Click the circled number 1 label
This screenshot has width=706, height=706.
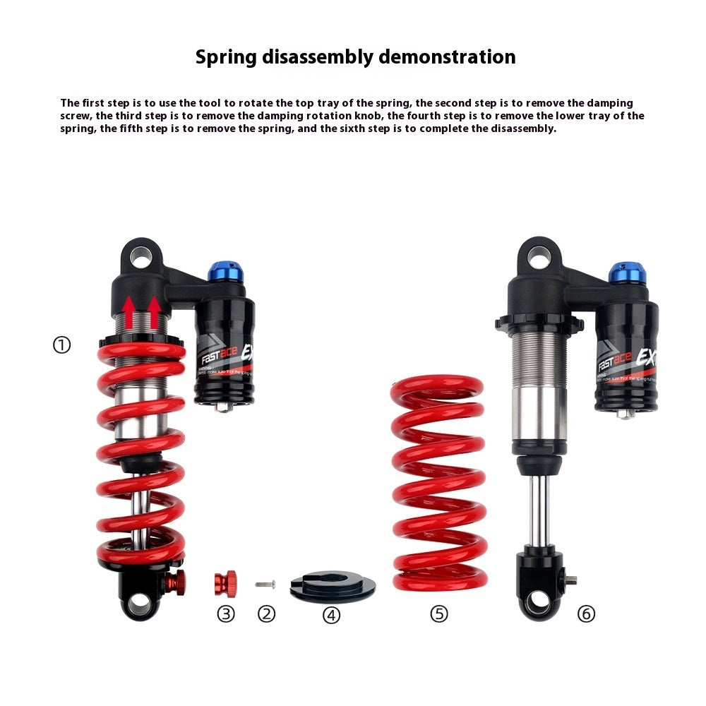click(x=62, y=345)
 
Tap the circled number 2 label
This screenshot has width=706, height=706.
click(x=266, y=614)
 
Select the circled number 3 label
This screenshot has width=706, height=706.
click(x=225, y=614)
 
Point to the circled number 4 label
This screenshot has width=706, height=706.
click(x=331, y=615)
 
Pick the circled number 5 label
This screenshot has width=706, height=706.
click(x=439, y=614)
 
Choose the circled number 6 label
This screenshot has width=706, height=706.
click(x=586, y=614)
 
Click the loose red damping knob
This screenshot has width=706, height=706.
click(x=225, y=584)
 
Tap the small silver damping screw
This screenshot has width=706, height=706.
click(x=265, y=584)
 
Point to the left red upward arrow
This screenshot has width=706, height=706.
click(x=129, y=311)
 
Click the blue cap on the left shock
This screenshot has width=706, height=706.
click(x=225, y=270)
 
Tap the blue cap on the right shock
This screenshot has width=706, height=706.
click(x=627, y=272)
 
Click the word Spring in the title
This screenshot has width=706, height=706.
click(x=226, y=56)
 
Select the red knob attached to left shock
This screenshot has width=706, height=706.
click(x=176, y=582)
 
